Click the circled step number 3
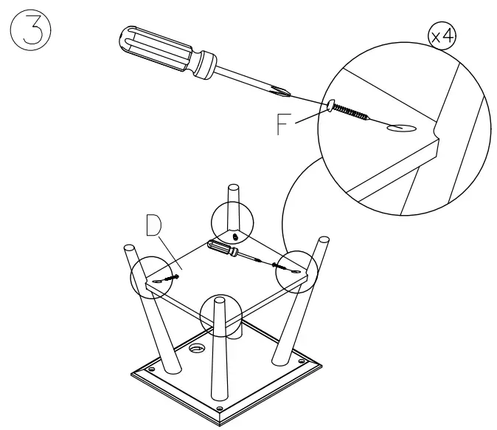(29, 33)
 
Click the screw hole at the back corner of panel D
(234, 236)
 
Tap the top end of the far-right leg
(324, 240)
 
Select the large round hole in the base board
(198, 347)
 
